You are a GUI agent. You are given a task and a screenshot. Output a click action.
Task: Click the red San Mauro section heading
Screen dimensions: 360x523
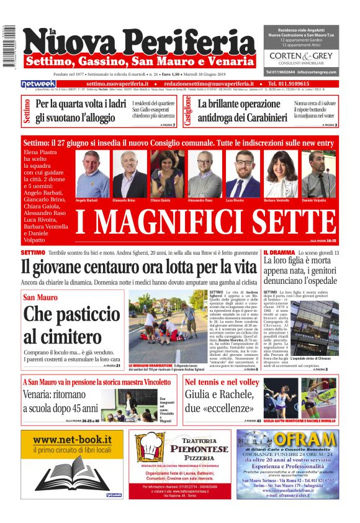(41, 298)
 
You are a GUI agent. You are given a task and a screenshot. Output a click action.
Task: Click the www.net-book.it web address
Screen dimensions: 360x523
(72, 440)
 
